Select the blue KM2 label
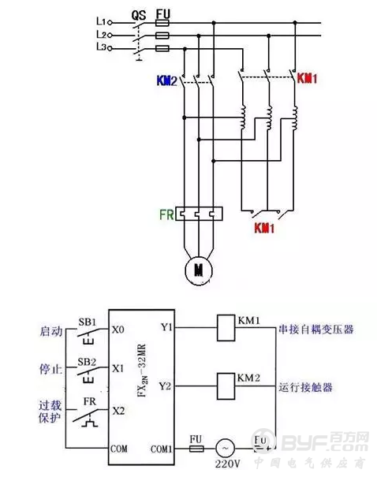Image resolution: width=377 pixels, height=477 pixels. (x=166, y=80)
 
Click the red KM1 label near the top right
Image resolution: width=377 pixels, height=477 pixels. (x=306, y=80)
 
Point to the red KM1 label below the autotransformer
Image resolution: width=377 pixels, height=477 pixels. (x=264, y=229)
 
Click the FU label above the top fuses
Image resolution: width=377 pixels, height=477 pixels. (x=163, y=13)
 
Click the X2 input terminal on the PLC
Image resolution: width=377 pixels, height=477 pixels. (x=118, y=411)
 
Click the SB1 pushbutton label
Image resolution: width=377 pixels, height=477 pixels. (x=87, y=322)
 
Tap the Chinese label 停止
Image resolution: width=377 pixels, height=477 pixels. (x=50, y=368)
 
